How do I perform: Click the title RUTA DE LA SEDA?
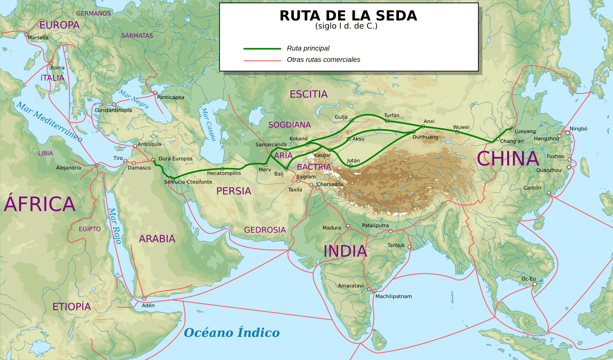click(x=348, y=16)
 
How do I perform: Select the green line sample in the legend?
click(x=262, y=48)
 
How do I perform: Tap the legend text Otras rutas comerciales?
click(x=323, y=60)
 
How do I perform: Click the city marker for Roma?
click(x=51, y=63)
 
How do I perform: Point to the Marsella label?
click(x=38, y=37)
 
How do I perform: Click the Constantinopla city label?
click(x=113, y=110)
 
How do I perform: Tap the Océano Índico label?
click(x=232, y=333)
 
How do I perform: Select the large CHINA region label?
click(x=508, y=159)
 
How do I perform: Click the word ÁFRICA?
click(x=40, y=204)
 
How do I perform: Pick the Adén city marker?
click(x=144, y=298)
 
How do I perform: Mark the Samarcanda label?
click(x=271, y=145)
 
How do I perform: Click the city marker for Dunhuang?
click(x=414, y=132)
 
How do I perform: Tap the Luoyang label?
click(x=525, y=131)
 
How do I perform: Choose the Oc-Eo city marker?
click(x=535, y=284)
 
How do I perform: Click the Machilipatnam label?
click(x=393, y=296)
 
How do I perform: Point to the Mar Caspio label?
click(x=208, y=124)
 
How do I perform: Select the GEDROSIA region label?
click(x=265, y=230)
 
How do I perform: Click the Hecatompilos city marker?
click(x=222, y=169)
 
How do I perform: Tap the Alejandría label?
click(x=68, y=168)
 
